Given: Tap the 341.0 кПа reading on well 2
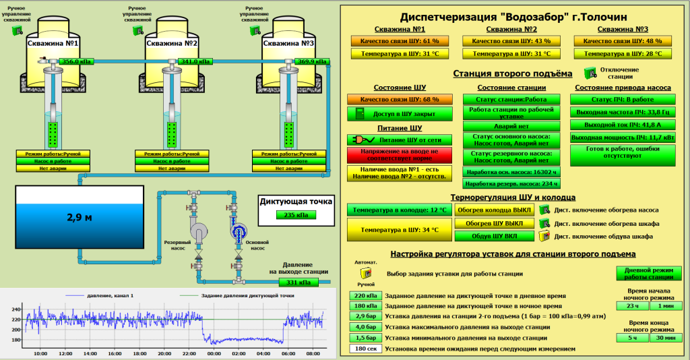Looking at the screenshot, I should pos(194,61).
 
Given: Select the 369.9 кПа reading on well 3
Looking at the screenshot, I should pos(312,61).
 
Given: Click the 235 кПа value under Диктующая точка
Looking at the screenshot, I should pos(290,215).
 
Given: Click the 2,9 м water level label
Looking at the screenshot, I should pos(79,217).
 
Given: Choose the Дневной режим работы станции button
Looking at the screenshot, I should pos(644,273).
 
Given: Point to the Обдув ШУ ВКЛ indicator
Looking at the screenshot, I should pos(495,236).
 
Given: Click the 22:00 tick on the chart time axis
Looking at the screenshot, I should pos(189,353).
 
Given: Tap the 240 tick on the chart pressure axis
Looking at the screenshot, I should pos(16,309).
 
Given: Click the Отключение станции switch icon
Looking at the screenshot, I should pos(590,71).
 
